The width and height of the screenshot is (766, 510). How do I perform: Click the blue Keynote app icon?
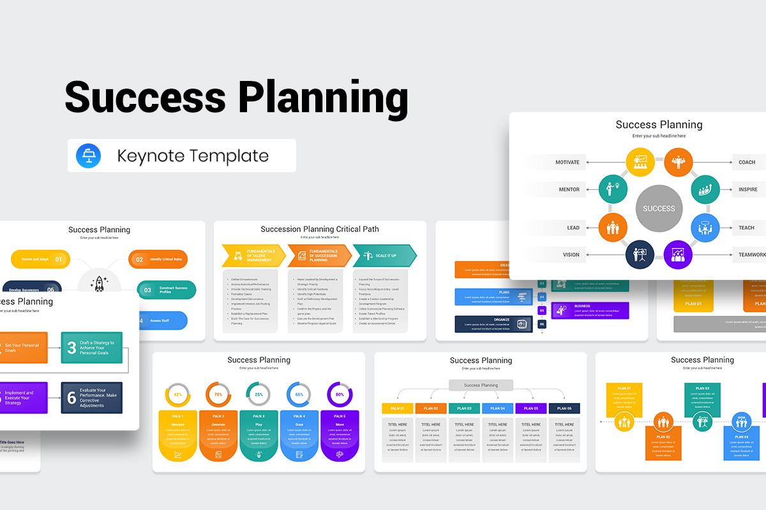coord(88,156)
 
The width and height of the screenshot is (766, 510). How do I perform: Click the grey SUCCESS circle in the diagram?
coord(659,208)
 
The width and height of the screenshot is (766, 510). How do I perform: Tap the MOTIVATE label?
coord(567,162)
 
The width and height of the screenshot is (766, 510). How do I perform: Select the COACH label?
coord(747,162)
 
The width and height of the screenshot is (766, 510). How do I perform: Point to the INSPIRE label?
coord(748,189)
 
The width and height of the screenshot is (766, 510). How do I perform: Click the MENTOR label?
coord(569,189)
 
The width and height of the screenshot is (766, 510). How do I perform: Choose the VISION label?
coord(571,254)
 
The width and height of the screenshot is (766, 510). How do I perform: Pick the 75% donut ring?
coord(218,395)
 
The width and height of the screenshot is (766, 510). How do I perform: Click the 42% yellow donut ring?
coord(178,395)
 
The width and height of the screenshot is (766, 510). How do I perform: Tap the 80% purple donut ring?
coord(340,395)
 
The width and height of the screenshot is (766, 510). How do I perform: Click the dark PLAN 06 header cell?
coord(564,408)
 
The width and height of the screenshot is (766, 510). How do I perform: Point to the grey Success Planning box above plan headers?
coord(481,385)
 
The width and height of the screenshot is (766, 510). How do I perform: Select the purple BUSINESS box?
coord(590,310)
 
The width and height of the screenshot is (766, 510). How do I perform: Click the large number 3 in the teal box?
coord(71,347)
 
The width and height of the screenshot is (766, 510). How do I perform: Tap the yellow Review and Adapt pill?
coord(41,259)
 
